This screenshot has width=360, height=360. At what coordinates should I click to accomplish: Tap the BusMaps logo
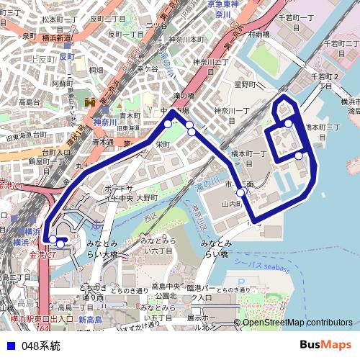point(325,346)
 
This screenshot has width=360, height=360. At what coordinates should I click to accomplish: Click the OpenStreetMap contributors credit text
point(297,323)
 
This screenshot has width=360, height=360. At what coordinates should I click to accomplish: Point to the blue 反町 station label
point(68,56)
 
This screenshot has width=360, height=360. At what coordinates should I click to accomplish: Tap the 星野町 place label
point(244,84)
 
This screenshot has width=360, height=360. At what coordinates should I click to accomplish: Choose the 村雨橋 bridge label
point(258,34)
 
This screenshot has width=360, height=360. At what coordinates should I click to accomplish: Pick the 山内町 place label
point(231,204)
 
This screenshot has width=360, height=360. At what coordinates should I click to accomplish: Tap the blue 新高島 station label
point(91,319)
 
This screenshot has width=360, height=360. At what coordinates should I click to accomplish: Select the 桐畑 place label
point(96,70)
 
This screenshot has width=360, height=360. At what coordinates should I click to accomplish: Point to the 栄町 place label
point(163,144)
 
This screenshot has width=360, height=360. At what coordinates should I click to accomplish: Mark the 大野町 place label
point(147,197)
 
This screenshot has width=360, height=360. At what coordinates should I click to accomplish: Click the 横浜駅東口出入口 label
point(42,318)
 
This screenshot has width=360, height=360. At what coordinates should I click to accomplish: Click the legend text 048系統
point(41,346)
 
